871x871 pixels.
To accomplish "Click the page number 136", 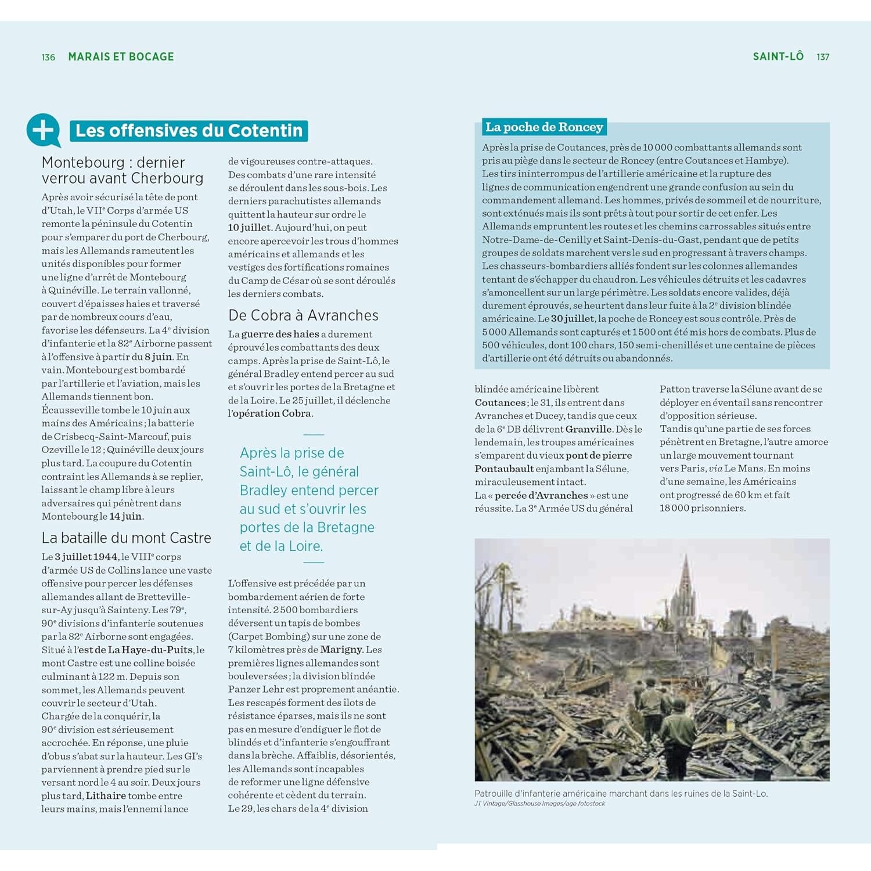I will [x=48, y=57].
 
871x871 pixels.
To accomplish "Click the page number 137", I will [x=822, y=57].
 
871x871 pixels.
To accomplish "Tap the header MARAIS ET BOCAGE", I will [x=121, y=57].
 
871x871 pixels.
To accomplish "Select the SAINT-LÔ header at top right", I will [x=778, y=56].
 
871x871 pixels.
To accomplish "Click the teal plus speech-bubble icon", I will [x=43, y=129].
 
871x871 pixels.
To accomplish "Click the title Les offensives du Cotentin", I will [x=189, y=131].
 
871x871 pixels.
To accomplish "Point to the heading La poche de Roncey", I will [x=544, y=127].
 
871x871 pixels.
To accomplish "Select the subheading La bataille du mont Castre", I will [x=126, y=538].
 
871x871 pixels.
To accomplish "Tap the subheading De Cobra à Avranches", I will [x=303, y=315].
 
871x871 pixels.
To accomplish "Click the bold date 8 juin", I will [x=159, y=357].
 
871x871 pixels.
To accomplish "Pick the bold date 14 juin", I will [x=125, y=516].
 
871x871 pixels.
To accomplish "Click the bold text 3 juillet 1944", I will [x=86, y=557].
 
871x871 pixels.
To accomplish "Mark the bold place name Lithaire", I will [x=106, y=796].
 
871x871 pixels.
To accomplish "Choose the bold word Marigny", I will [x=341, y=649].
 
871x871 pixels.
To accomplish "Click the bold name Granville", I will [x=588, y=429].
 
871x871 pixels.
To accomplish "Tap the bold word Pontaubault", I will [x=503, y=469].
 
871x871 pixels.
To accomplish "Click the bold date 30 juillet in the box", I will [x=573, y=319].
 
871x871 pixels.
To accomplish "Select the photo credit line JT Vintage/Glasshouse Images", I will [x=539, y=804].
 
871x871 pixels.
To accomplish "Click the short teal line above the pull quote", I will [x=314, y=434].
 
